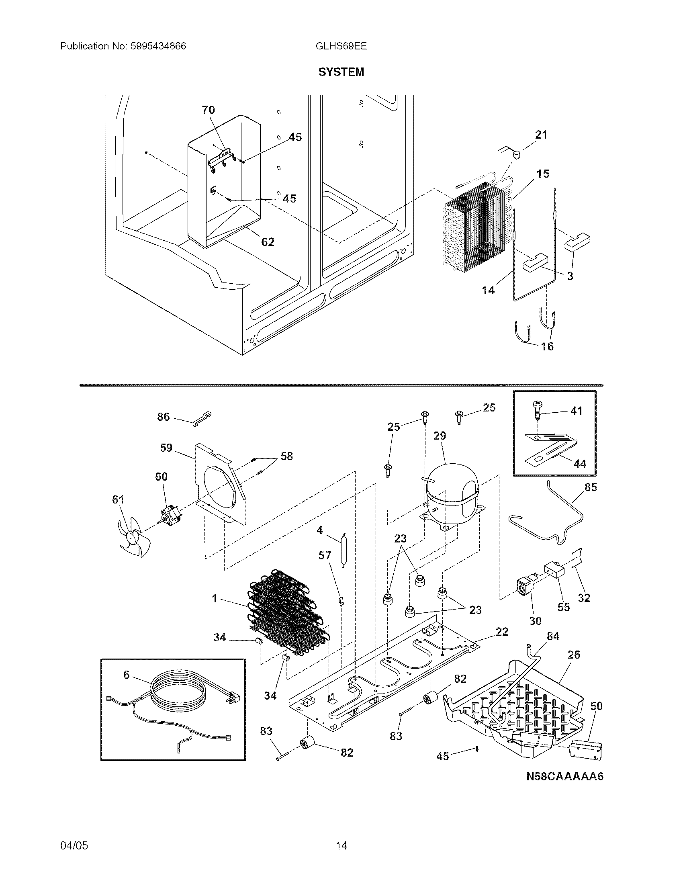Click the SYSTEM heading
[341, 72]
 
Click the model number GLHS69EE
[341, 46]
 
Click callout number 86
[164, 417]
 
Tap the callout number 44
[580, 464]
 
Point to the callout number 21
[541, 135]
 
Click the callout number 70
[208, 110]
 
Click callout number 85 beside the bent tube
[591, 487]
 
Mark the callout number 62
[268, 242]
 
